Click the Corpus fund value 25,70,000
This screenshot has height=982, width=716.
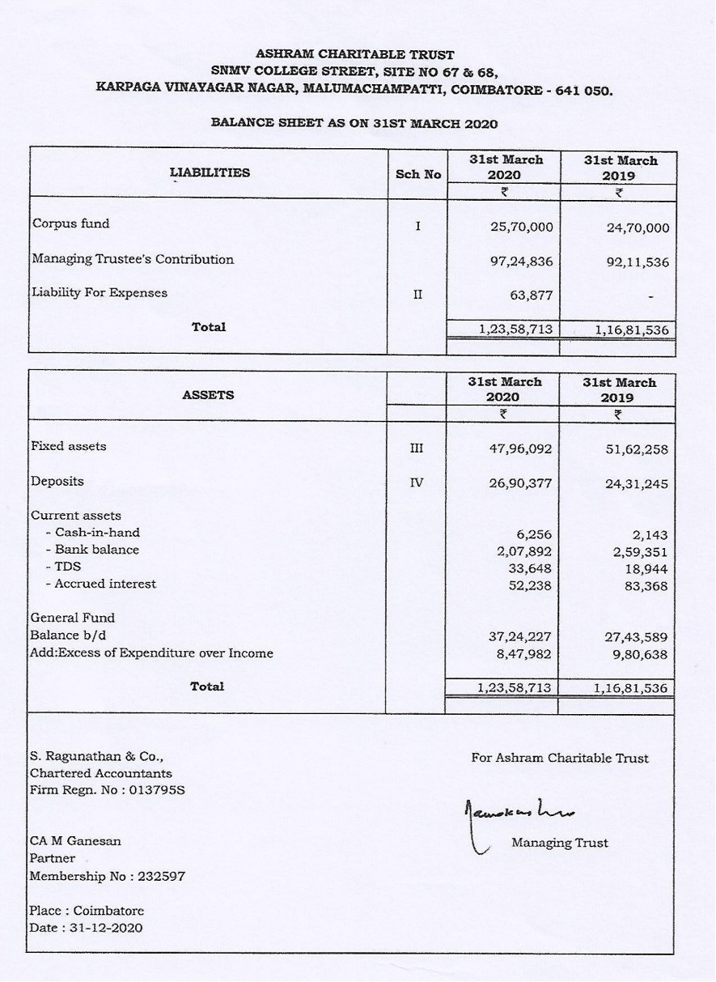coord(521,227)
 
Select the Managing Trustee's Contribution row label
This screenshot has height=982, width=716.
coord(133,260)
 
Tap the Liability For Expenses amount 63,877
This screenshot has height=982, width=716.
coord(531,295)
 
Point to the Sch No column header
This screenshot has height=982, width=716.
coord(418,174)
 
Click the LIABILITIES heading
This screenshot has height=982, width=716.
coord(210,172)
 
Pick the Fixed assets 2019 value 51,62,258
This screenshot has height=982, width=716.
coord(638,449)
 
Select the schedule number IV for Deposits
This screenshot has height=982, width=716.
coord(416,483)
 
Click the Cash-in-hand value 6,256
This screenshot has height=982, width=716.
coord(534,534)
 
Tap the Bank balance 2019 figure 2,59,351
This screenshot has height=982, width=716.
coord(640,552)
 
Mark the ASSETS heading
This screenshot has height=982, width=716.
coord(208,395)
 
